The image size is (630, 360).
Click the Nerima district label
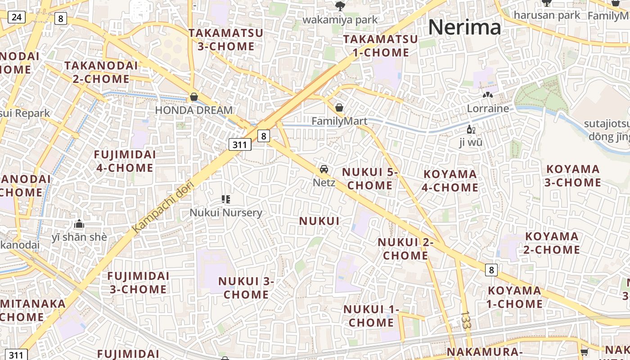(464, 27)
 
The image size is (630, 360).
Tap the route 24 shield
(17, 18)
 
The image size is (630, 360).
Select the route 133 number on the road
(466, 319)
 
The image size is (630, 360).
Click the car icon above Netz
(324, 169)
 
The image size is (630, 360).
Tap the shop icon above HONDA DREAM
(194, 97)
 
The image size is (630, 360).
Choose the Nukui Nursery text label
(225, 212)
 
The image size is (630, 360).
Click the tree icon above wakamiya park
(340, 6)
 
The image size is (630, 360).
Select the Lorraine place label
(488, 108)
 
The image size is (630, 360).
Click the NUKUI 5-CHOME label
(370, 179)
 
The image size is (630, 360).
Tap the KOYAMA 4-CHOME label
(450, 180)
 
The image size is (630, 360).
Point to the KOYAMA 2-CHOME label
(552, 243)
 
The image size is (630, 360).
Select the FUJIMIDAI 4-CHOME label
(125, 161)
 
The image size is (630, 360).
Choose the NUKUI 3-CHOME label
(246, 288)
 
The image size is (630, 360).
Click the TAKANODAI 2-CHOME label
(101, 72)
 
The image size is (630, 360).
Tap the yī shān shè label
(79, 237)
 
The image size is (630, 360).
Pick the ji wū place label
(471, 143)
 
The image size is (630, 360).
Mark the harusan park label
(547, 15)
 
